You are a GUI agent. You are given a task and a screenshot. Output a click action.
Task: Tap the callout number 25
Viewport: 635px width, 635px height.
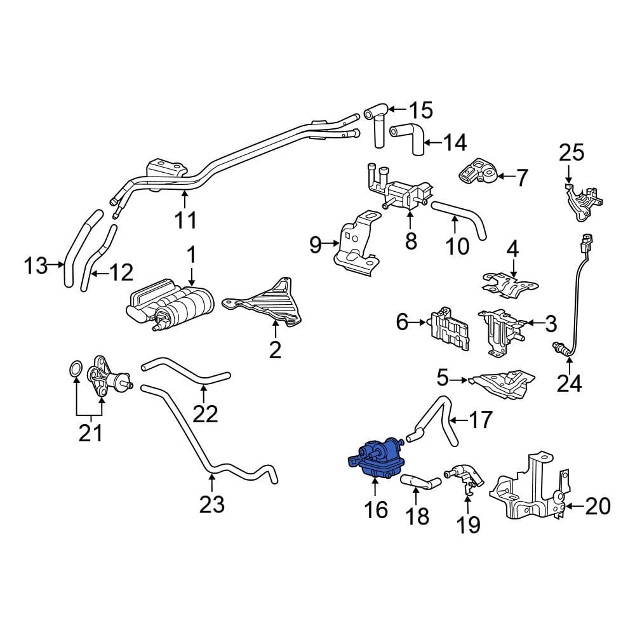tap(571, 152)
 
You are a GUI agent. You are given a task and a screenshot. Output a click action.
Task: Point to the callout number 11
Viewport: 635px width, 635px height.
tap(185, 220)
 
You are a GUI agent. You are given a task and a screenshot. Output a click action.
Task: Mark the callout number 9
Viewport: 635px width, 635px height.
tap(316, 244)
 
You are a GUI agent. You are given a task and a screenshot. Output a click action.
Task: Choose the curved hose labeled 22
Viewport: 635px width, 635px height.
tap(186, 371)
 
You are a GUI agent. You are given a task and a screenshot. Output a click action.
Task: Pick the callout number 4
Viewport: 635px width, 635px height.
tap(512, 250)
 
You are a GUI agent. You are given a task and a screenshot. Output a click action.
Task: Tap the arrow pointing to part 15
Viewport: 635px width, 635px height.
tap(398, 109)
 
